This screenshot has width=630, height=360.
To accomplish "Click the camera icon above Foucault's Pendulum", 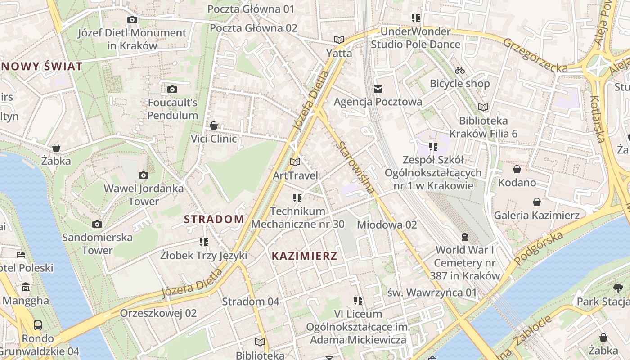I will click(172, 90).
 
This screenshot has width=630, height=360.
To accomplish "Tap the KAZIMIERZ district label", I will click(305, 256).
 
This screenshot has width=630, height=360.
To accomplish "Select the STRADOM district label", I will click(214, 220).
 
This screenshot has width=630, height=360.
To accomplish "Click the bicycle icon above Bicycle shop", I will click(459, 70).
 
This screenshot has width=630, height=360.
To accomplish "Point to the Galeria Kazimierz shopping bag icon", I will click(536, 202).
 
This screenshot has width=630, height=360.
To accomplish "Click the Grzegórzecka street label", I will click(535, 55).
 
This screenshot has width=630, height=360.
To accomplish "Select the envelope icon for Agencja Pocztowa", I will click(378, 89).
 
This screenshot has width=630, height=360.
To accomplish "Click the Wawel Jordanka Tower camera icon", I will click(144, 175).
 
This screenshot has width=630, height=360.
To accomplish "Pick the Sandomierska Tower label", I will click(97, 243).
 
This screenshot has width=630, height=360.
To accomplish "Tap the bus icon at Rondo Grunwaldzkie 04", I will click(38, 325).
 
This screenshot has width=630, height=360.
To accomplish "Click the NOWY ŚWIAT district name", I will click(42, 67).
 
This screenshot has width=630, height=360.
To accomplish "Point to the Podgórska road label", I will click(539, 248).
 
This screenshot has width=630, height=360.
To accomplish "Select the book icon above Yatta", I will click(339, 40).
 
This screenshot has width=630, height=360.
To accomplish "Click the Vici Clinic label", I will click(214, 139).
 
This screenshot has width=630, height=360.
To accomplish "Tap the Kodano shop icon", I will click(517, 169).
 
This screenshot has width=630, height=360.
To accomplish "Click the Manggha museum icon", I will click(26, 287).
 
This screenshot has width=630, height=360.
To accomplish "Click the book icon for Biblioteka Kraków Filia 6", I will click(483, 107).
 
